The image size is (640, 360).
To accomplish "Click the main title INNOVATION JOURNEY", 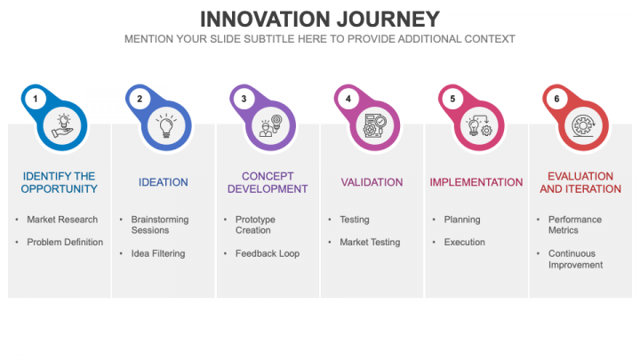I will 319,19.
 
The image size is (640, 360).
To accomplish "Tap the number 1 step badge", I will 35,99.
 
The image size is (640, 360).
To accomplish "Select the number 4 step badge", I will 348,99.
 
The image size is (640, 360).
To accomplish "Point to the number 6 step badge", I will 557,99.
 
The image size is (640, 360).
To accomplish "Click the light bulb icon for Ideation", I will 165,126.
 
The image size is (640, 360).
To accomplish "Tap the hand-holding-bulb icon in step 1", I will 61,126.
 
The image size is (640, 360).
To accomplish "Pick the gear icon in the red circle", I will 583,126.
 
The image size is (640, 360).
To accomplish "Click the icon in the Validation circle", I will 374,126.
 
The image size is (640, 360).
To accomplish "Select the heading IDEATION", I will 164,182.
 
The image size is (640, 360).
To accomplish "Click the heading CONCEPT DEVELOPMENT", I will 268,182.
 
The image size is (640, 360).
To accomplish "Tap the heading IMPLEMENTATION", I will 476,182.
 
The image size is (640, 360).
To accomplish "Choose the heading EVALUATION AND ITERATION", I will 580,182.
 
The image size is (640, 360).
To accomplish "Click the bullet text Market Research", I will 62,220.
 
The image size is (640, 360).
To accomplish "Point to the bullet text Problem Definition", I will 65,242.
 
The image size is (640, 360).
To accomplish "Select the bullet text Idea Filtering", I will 158,253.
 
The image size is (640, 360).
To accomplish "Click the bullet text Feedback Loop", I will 268,253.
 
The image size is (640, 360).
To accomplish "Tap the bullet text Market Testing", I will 370,242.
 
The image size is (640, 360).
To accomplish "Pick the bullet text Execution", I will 465,242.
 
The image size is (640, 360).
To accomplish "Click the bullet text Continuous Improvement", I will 575,259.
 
